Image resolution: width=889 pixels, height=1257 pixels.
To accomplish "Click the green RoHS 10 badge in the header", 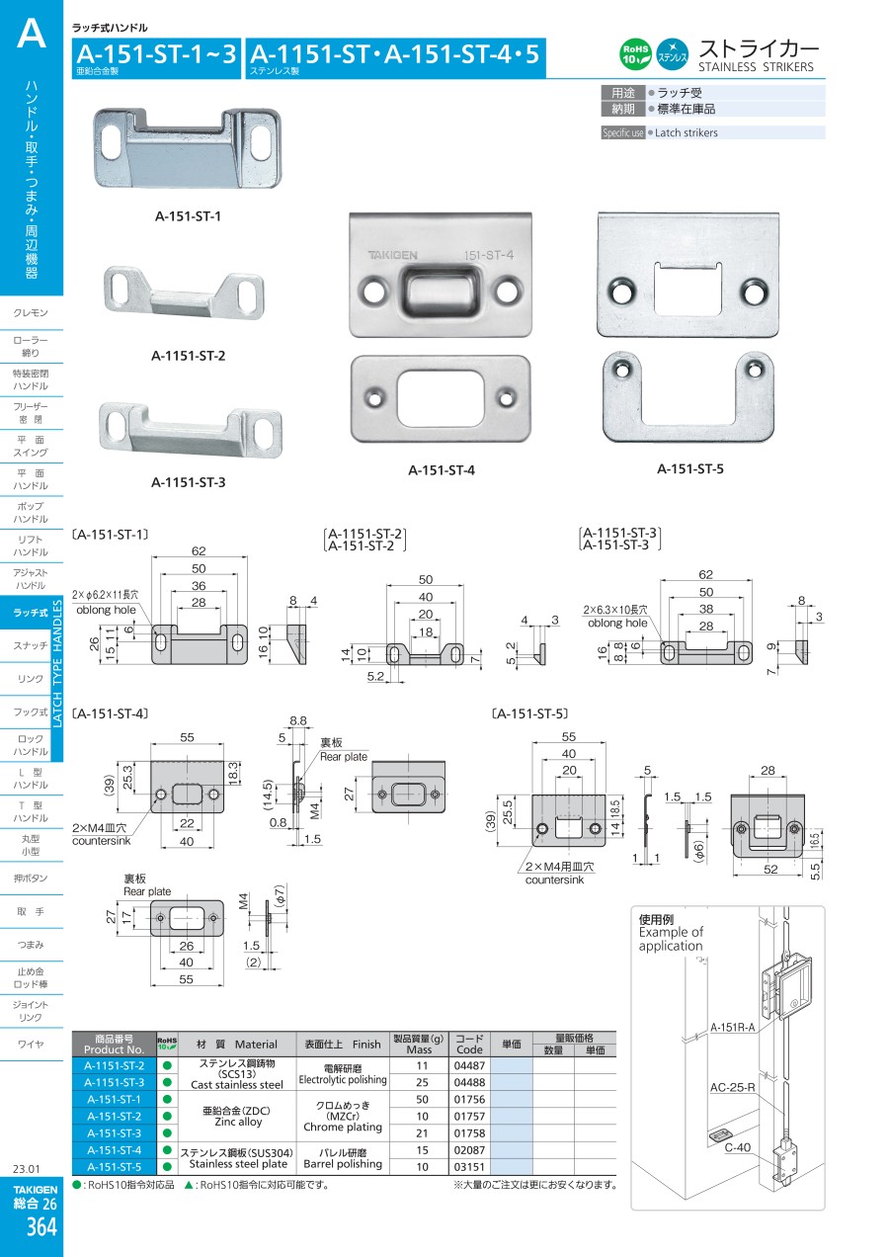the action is pyautogui.click(x=635, y=54).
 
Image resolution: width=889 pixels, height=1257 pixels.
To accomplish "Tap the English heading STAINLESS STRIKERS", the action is pyautogui.click(x=756, y=67).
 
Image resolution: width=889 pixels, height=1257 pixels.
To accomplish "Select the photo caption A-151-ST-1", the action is pyautogui.click(x=188, y=216).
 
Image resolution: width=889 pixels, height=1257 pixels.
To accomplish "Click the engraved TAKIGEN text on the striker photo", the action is pyautogui.click(x=392, y=255).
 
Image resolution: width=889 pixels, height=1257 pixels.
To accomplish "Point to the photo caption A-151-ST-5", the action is pyautogui.click(x=689, y=468).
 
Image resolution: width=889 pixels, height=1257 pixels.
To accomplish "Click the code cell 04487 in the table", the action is pyautogui.click(x=469, y=1065).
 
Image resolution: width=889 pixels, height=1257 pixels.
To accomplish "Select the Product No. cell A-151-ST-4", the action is pyautogui.click(x=115, y=1150).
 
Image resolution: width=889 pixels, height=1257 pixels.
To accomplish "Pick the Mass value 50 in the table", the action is pyautogui.click(x=422, y=1099).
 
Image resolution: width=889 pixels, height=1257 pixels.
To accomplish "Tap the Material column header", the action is pyautogui.click(x=237, y=1045).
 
